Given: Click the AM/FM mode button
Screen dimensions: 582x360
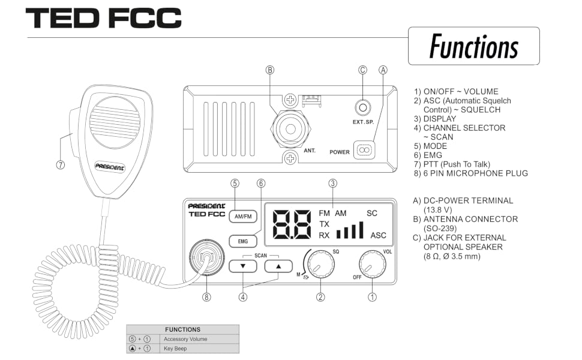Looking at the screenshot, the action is pyautogui.click(x=243, y=217).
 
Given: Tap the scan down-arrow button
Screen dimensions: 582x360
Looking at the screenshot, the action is pyautogui.click(x=243, y=266).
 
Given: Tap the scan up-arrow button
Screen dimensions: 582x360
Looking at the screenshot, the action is pyautogui.click(x=278, y=266).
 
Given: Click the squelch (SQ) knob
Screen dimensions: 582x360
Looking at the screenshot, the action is pyautogui.click(x=321, y=264).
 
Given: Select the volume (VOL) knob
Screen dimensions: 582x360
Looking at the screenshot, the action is pyautogui.click(x=372, y=264).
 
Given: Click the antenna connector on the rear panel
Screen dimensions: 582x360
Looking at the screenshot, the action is pyautogui.click(x=290, y=129).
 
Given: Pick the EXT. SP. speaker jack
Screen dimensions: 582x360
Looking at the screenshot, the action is pyautogui.click(x=363, y=108).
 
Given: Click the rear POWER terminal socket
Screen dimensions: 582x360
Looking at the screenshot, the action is pyautogui.click(x=364, y=151).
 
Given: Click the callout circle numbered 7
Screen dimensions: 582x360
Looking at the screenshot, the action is pyautogui.click(x=61, y=165).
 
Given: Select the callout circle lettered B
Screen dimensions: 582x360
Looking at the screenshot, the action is pyautogui.click(x=270, y=70).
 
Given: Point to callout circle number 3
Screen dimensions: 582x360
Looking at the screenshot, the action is pyautogui.click(x=333, y=184).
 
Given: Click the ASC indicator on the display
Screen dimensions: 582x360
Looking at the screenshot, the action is pyautogui.click(x=378, y=235).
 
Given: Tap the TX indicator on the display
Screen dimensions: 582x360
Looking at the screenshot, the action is pyautogui.click(x=324, y=224).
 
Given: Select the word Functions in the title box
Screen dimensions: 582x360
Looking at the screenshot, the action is pyautogui.click(x=473, y=46).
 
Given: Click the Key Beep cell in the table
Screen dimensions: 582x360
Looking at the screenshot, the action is pyautogui.click(x=200, y=349).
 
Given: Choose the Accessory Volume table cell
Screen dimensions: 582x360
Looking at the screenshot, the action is pyautogui.click(x=200, y=339).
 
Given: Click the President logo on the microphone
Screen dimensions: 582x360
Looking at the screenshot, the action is pyautogui.click(x=109, y=167).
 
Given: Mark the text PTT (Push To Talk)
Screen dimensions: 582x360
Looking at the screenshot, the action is pyautogui.click(x=457, y=164).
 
